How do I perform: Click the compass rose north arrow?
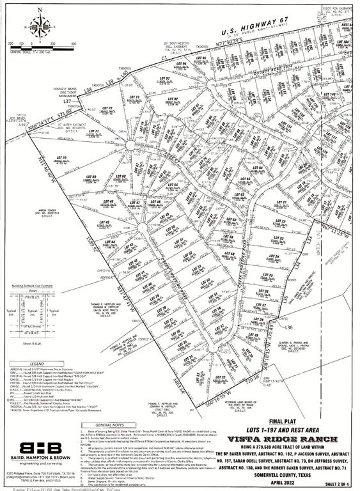tap(40, 26)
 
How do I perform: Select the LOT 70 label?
tap(61, 159)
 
